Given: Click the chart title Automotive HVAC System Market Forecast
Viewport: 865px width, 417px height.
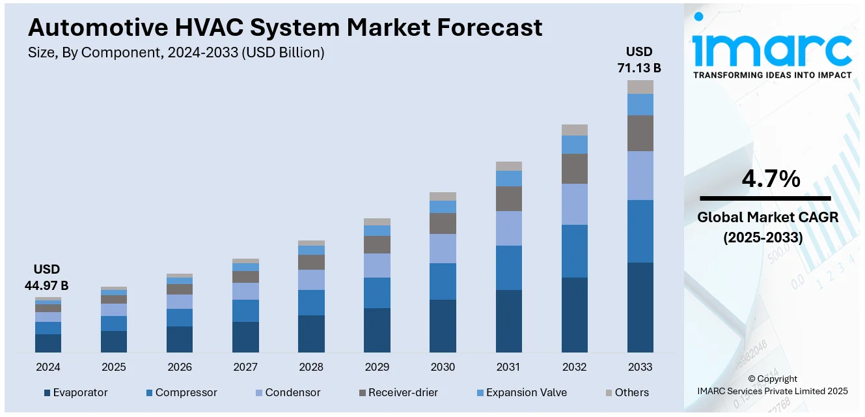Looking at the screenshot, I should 285,27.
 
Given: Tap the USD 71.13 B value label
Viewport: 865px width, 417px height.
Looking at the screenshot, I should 638,59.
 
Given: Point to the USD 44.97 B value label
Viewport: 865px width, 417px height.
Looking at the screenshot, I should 47,277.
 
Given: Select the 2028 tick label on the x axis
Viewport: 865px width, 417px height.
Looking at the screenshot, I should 311,367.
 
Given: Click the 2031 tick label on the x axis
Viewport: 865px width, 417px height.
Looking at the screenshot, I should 508,367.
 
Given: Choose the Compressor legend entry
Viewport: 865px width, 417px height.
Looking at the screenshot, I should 182,392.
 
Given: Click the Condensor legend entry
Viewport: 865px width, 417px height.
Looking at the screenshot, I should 288,392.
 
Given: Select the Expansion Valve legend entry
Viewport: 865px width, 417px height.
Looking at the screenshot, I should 521,392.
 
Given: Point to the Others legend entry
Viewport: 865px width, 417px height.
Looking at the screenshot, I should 627,392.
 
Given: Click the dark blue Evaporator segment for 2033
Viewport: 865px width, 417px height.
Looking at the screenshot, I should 640,307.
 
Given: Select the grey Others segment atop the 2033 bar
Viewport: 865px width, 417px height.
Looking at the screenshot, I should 640,87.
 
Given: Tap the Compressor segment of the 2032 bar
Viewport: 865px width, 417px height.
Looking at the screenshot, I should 574,251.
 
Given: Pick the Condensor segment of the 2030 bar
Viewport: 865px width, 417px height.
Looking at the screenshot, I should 443,248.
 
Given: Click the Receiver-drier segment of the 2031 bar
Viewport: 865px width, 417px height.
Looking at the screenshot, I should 508,199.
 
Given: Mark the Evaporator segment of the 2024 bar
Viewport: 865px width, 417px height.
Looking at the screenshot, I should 48,343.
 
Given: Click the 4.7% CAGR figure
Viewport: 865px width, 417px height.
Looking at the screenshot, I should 771,179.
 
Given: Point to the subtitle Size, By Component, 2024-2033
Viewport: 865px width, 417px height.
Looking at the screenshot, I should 176,53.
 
